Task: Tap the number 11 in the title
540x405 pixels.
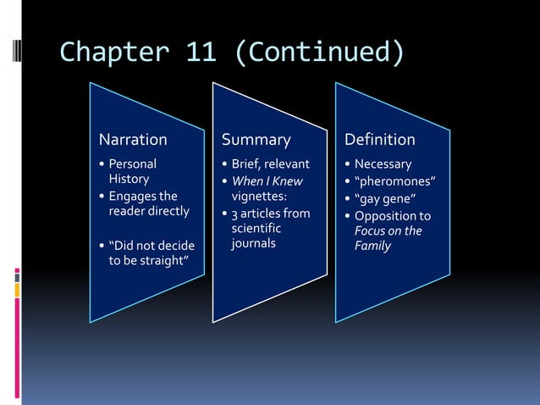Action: click(x=200, y=53)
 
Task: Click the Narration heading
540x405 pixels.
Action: click(x=133, y=139)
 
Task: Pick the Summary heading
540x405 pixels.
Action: click(x=256, y=139)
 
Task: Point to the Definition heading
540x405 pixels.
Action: click(x=379, y=139)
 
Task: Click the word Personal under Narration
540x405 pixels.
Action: click(x=132, y=164)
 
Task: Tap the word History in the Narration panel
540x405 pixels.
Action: click(x=129, y=179)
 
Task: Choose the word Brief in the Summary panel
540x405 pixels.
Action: click(x=247, y=164)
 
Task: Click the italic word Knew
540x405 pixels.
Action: click(x=287, y=180)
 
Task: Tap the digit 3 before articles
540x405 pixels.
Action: click(x=234, y=213)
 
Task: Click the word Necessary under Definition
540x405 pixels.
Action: click(x=383, y=164)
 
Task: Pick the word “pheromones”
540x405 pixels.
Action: click(x=395, y=180)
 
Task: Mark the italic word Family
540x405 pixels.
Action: click(x=372, y=246)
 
